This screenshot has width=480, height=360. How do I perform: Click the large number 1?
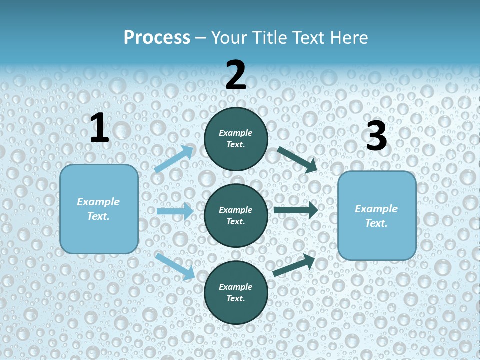(x=99, y=128)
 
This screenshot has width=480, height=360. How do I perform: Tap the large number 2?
(x=236, y=75)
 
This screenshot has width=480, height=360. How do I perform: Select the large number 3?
(x=376, y=136)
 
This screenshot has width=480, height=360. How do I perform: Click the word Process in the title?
(x=157, y=37)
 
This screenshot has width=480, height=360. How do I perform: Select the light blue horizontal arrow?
(x=175, y=211)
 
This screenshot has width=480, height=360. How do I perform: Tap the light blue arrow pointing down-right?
(x=175, y=266)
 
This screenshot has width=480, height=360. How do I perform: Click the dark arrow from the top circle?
(x=297, y=160)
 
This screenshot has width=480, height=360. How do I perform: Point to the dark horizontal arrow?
(x=296, y=210)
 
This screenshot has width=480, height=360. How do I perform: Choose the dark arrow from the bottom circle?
(x=294, y=265)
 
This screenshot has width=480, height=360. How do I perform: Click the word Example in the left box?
(x=98, y=202)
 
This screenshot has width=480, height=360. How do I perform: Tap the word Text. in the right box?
(x=376, y=223)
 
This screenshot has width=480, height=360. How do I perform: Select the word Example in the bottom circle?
(x=235, y=287)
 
